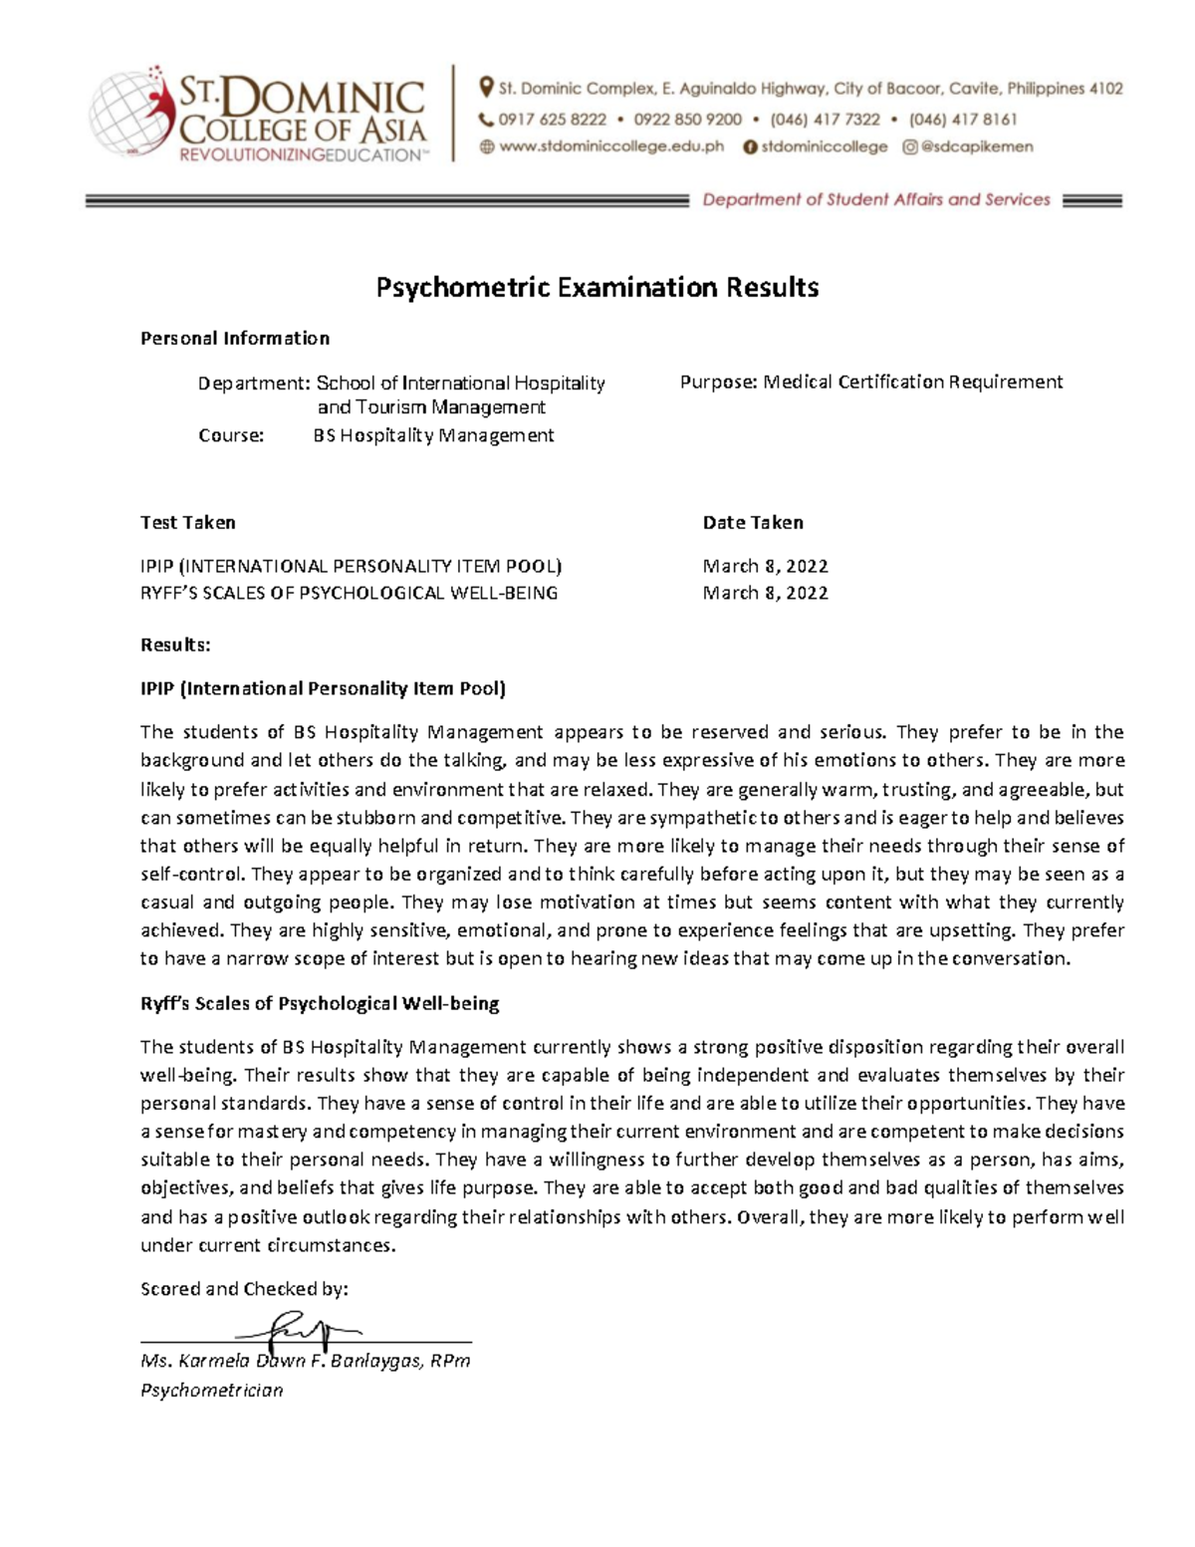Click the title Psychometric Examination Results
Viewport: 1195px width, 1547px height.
coord(597,288)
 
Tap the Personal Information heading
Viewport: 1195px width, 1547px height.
coord(234,339)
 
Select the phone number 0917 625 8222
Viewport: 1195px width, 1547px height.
coord(552,120)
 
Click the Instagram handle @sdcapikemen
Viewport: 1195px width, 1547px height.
coord(977,147)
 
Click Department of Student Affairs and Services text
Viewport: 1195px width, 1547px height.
coord(876,200)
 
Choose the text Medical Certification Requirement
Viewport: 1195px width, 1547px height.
coord(912,383)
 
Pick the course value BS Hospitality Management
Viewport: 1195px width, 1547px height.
coord(433,435)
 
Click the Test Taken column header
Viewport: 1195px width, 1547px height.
coord(188,523)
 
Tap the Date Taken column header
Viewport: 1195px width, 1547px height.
coord(753,523)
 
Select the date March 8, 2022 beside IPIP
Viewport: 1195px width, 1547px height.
coord(765,567)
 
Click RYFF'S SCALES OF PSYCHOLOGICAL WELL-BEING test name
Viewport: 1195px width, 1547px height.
coord(350,594)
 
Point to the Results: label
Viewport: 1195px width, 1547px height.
coord(175,645)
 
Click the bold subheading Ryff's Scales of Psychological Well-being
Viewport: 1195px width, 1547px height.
coord(320,1004)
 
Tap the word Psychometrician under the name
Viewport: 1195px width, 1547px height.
coord(211,1391)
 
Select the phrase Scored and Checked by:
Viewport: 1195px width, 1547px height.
coord(244,1289)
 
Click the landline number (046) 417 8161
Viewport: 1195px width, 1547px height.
coord(963,120)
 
